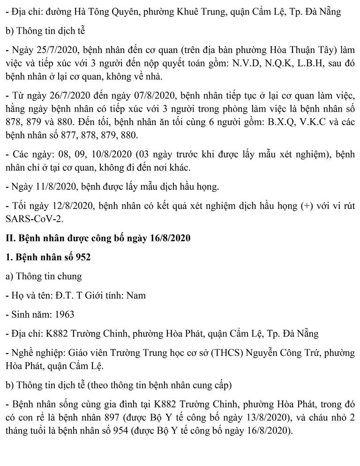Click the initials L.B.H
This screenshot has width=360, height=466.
(300, 62)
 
